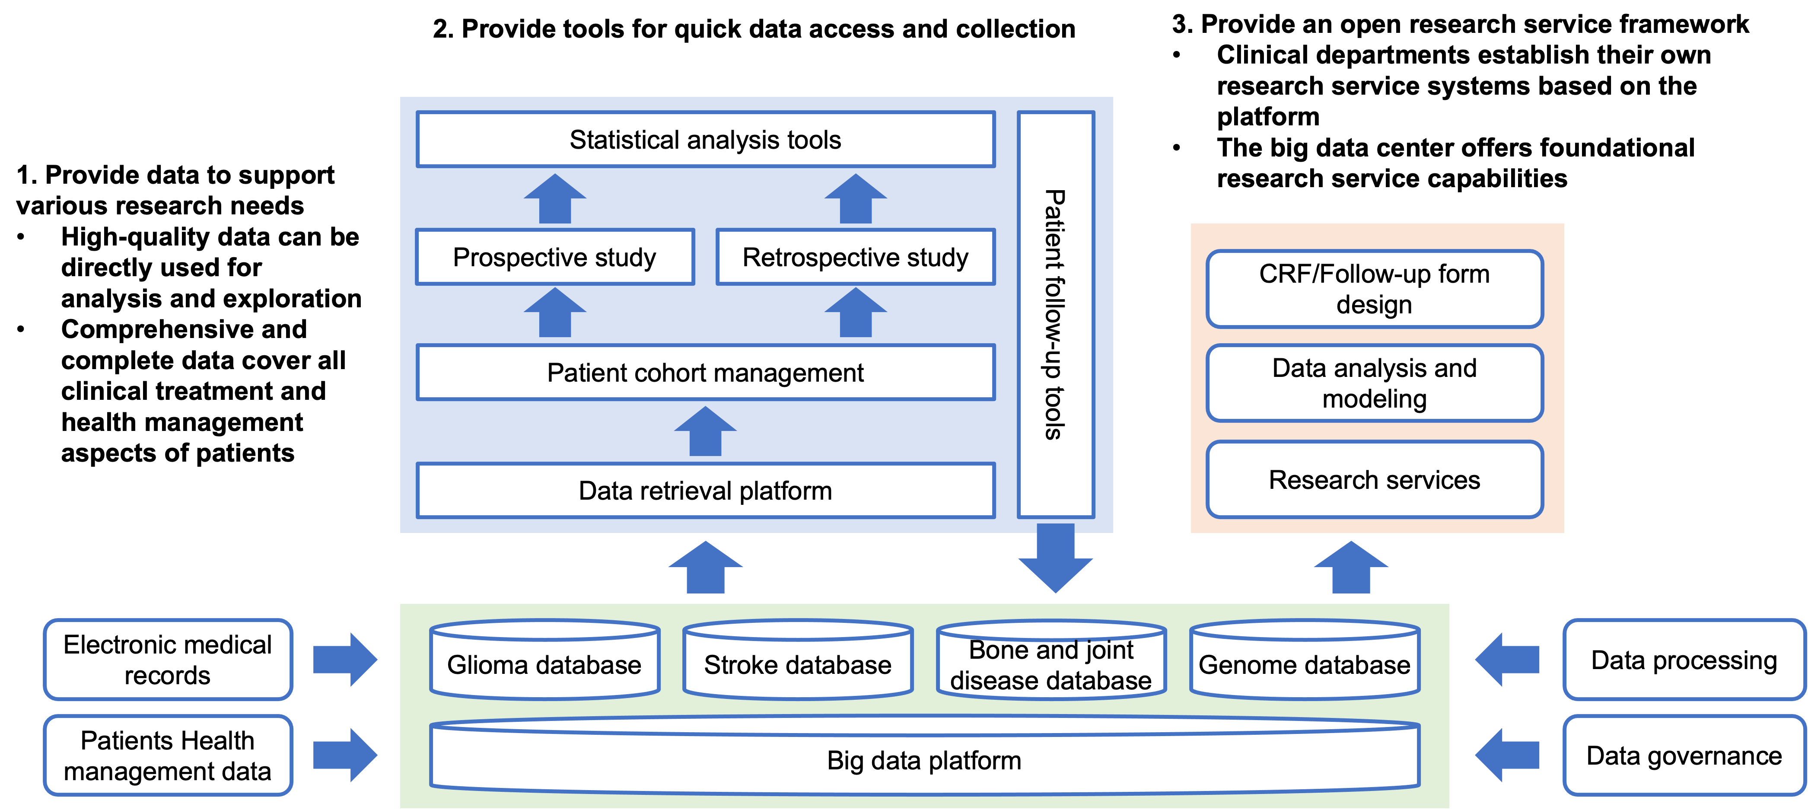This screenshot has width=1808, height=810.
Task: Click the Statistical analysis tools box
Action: click(705, 139)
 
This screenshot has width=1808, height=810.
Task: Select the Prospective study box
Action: click(554, 257)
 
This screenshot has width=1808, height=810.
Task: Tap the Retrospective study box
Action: click(856, 257)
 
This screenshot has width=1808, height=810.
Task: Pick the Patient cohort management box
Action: click(705, 372)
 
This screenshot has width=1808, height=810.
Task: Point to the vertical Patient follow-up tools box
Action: click(1056, 315)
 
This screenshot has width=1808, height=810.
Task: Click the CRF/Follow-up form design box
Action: click(1374, 288)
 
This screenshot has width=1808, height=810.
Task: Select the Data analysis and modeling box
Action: click(1374, 383)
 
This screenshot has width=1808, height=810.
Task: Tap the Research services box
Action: click(1374, 479)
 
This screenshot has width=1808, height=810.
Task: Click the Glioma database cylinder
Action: click(544, 660)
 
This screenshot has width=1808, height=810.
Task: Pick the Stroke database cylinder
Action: click(798, 660)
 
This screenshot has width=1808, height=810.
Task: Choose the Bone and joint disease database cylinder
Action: click(1051, 660)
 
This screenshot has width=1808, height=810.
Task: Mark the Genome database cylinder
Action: click(1305, 660)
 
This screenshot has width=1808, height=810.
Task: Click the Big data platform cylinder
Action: click(924, 755)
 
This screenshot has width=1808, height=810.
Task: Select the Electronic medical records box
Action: click(168, 659)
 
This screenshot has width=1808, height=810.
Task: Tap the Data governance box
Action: click(1684, 755)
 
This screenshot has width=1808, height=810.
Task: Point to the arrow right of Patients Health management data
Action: click(345, 755)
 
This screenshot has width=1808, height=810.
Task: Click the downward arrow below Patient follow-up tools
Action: click(1056, 558)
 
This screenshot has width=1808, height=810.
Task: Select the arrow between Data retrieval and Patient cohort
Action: click(705, 431)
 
